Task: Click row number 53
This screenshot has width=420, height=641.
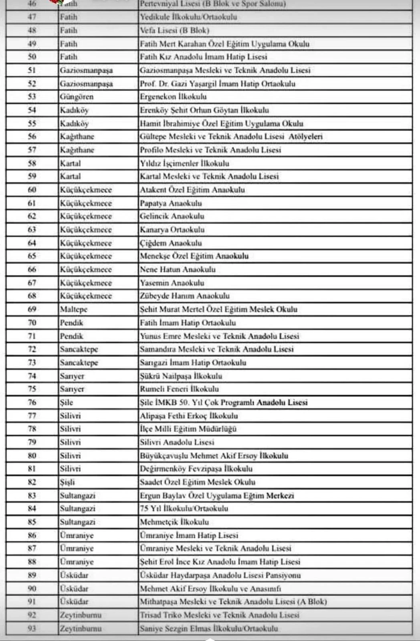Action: pos(32,97)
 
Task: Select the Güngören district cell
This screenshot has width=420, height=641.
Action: pos(77,97)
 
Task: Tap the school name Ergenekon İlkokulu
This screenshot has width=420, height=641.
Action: pos(173,97)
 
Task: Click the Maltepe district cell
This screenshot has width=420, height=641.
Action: pos(73,309)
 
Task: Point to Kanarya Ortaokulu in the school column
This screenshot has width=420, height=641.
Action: pos(172,230)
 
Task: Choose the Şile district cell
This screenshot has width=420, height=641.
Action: pos(67,402)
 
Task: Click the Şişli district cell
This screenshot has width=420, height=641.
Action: pos(67,482)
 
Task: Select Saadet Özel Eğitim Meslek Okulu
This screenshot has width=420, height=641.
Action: pos(197,482)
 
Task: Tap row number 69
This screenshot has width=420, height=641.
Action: pos(32,309)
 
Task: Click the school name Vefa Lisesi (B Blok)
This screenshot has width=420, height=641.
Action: pos(174,30)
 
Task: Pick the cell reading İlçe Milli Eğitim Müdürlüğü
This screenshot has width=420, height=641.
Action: pos(188,429)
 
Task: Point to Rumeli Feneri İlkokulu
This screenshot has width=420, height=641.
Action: pos(179,389)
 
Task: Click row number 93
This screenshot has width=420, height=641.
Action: pos(32,628)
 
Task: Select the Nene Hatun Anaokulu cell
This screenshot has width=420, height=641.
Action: pos(178,269)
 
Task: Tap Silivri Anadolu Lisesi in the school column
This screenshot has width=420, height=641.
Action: pos(177,442)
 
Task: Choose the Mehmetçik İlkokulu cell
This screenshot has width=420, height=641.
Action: pos(174,522)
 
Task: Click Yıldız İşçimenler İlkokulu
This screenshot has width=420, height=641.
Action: pos(184,163)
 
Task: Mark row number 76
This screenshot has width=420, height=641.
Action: pos(32,402)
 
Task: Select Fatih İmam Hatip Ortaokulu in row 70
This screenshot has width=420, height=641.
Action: pos(188,323)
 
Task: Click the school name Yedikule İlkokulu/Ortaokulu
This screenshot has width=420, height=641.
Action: pos(188,17)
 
